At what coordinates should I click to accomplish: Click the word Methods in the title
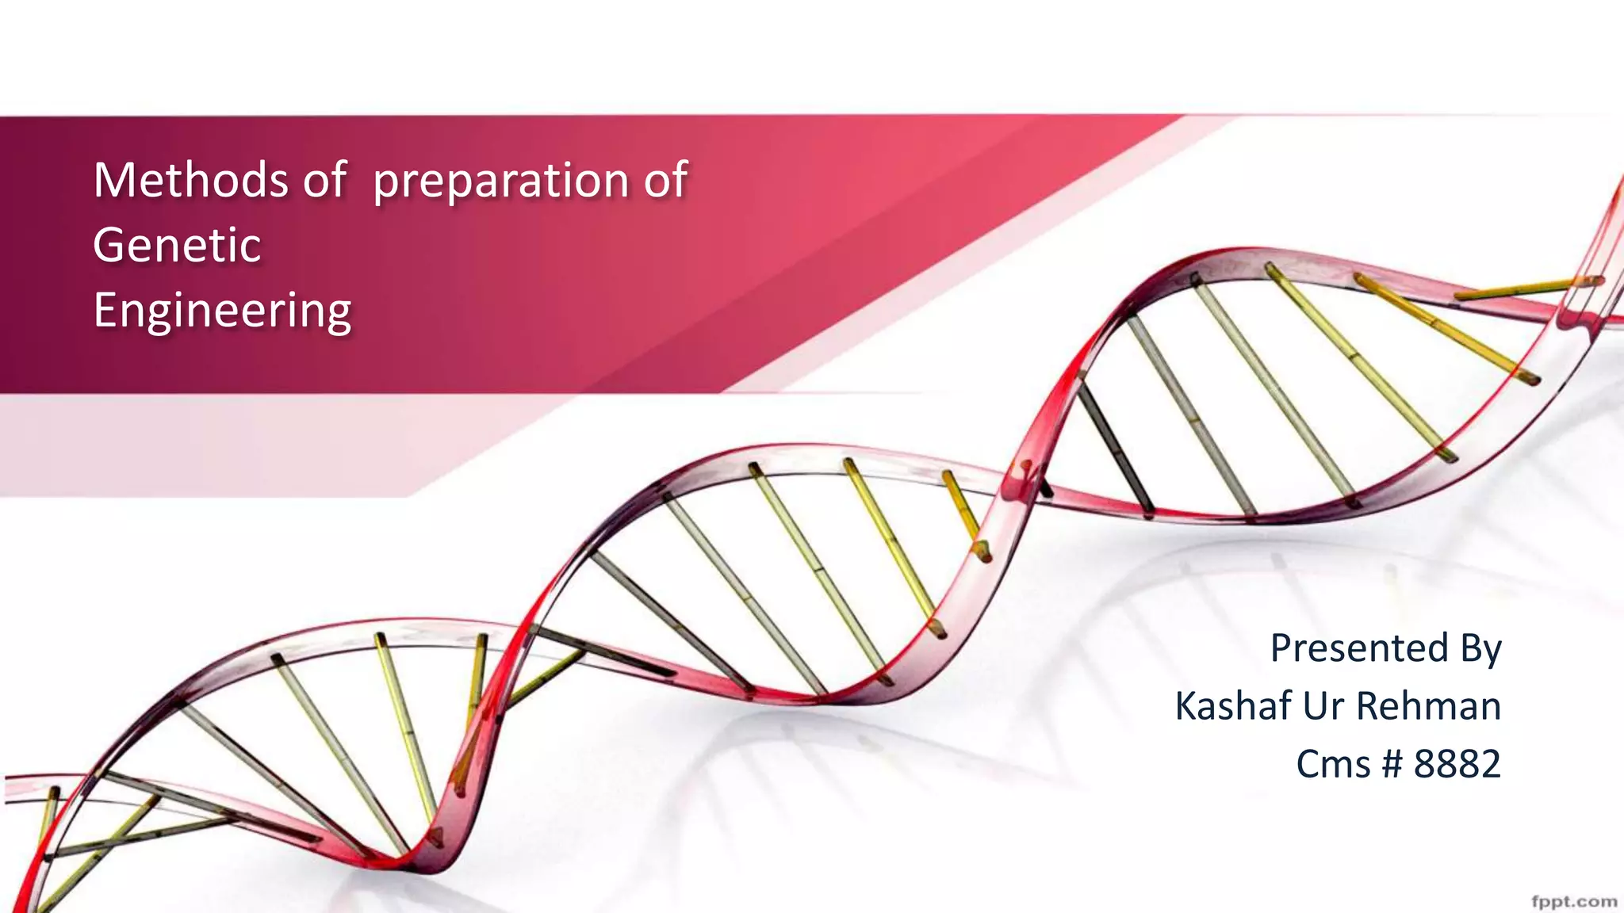click(x=190, y=180)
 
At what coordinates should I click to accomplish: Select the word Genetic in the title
click(x=177, y=245)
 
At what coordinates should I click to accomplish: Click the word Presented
click(x=1359, y=648)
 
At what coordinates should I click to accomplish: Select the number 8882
click(x=1457, y=764)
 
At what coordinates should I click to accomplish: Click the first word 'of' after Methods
click(x=324, y=180)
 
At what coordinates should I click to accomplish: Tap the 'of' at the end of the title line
click(x=665, y=180)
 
